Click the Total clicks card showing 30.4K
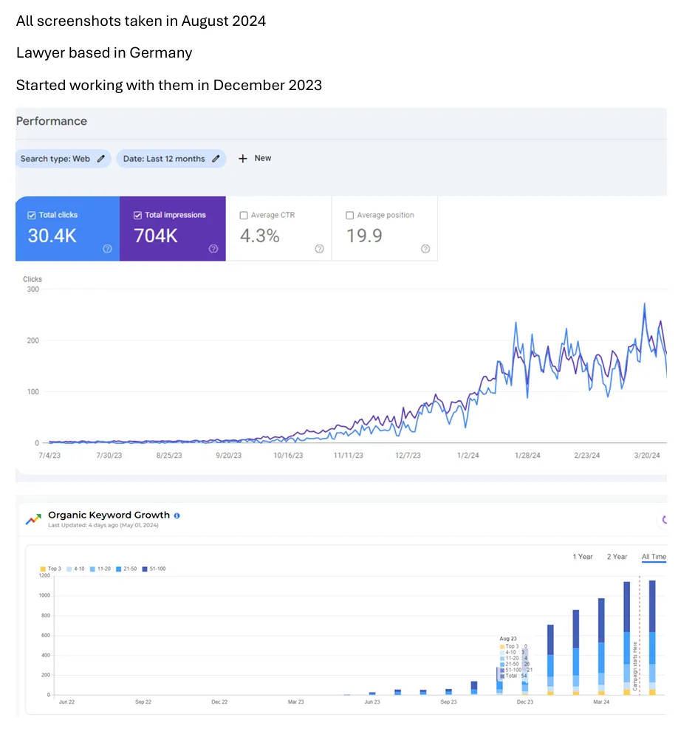pyautogui.click(x=67, y=228)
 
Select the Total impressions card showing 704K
pyautogui.click(x=172, y=228)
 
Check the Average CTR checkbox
pyautogui.click(x=244, y=216)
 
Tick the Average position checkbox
pyautogui.click(x=350, y=216)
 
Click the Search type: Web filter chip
pyautogui.click(x=63, y=159)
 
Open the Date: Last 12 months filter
pyautogui.click(x=171, y=159)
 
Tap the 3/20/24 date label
pyautogui.click(x=646, y=456)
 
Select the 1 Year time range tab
pyautogui.click(x=583, y=557)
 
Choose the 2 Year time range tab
pyautogui.click(x=617, y=557)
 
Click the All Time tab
pyautogui.click(x=654, y=557)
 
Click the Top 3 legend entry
pyautogui.click(x=51, y=569)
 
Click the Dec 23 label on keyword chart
pyautogui.click(x=525, y=702)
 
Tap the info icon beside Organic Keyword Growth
pyautogui.click(x=177, y=515)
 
